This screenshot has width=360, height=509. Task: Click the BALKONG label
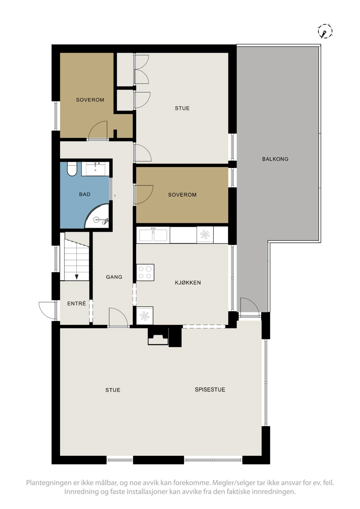click(275, 159)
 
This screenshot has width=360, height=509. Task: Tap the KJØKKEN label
click(188, 282)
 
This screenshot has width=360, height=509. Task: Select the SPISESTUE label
click(210, 389)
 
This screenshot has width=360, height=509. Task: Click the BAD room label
click(85, 194)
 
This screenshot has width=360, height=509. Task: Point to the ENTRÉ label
click(76, 303)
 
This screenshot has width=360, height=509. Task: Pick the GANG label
click(114, 277)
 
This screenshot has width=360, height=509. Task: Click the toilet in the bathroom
click(72, 169)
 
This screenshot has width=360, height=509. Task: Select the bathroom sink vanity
click(95, 169)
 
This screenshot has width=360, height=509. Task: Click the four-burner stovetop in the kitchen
click(145, 273)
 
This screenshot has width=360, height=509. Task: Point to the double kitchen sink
click(153, 235)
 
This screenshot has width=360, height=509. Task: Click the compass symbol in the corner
click(325, 31)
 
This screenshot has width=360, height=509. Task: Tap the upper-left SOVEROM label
click(90, 100)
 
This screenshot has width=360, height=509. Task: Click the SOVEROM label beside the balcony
click(182, 195)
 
